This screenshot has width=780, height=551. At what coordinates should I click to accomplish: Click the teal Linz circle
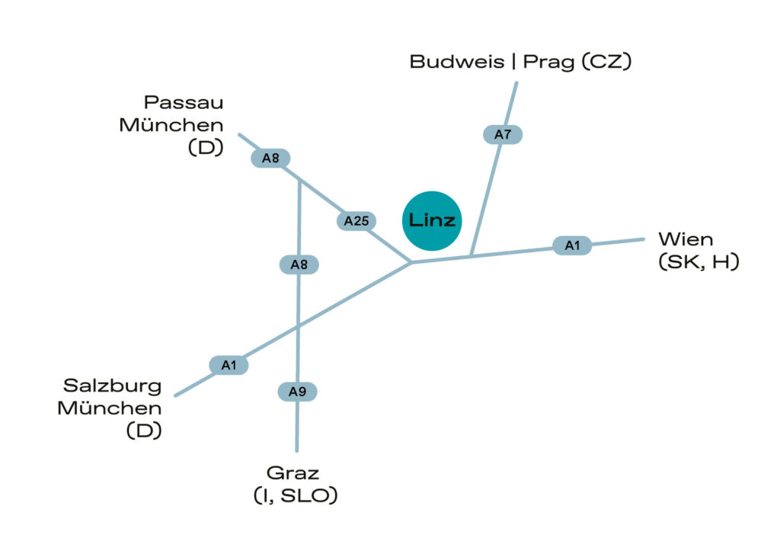click(431, 220)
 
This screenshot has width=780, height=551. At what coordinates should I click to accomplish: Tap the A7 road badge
click(503, 135)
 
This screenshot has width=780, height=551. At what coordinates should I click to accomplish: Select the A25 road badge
click(356, 221)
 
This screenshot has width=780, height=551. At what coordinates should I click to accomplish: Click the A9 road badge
click(297, 392)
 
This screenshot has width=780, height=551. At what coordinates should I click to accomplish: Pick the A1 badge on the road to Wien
click(572, 245)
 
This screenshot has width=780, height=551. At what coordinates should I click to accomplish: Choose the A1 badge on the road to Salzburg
click(229, 366)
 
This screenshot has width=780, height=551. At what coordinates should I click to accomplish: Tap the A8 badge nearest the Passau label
click(271, 159)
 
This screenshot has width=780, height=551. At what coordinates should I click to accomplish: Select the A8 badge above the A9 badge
click(299, 264)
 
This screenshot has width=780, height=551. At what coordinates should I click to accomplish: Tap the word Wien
click(686, 239)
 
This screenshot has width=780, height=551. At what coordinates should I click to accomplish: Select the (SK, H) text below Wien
click(698, 263)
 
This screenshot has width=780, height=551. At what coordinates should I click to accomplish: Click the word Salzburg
click(113, 386)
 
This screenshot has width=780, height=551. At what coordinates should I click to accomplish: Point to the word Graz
click(293, 473)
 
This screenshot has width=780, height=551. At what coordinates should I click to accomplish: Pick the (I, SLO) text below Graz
click(295, 496)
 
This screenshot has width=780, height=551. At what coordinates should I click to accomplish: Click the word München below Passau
click(171, 125)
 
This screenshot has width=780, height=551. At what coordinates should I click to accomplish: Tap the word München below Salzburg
click(110, 408)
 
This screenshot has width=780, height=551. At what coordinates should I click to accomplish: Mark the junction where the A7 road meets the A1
click(472, 255)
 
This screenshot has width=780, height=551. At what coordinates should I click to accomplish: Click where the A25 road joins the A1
click(411, 263)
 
